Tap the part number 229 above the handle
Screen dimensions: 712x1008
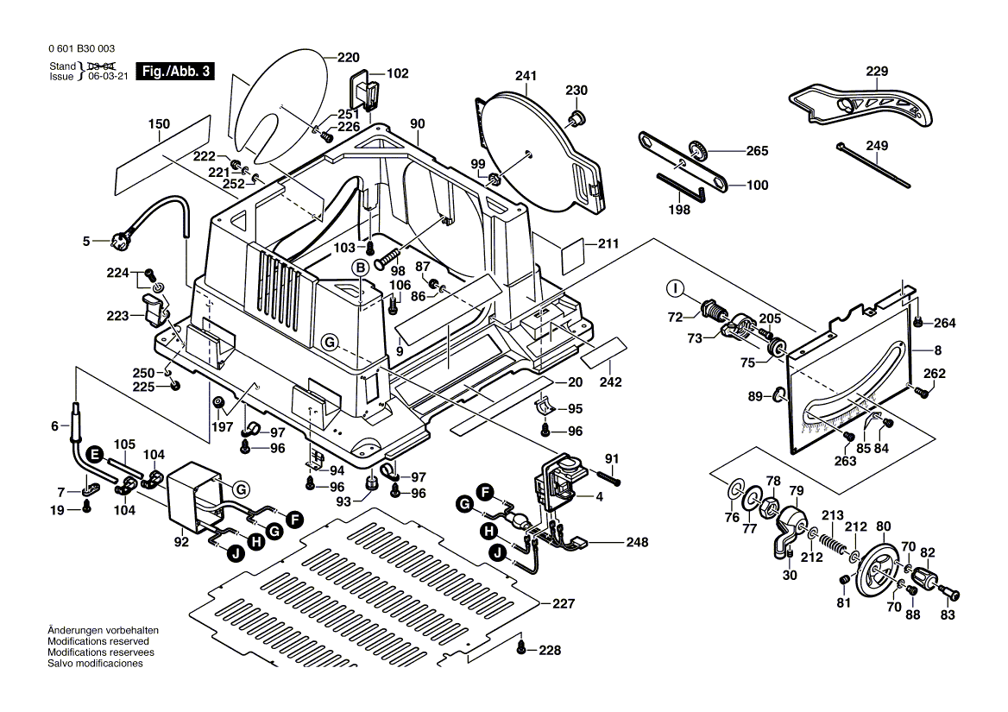877,72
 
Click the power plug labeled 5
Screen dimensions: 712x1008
113,242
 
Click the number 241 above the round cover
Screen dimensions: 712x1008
526,76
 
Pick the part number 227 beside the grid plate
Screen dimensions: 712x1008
563,604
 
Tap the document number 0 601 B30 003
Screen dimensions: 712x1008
78,50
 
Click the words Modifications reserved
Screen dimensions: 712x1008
98,642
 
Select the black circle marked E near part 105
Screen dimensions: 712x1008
94,453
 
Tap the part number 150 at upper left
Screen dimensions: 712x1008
159,124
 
